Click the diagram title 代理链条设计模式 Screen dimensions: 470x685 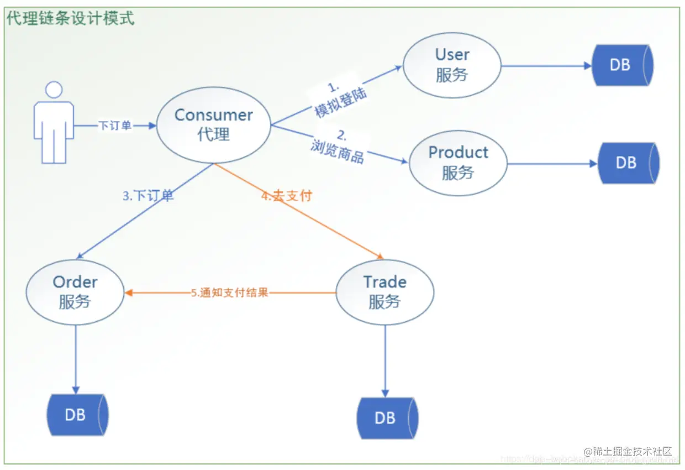[x=70, y=18]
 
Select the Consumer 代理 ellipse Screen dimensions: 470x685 [x=213, y=125]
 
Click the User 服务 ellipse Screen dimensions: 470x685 [x=452, y=65]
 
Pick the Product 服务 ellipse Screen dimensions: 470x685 [x=458, y=163]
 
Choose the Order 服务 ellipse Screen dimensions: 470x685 [x=75, y=292]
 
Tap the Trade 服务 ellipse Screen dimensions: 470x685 [x=384, y=292]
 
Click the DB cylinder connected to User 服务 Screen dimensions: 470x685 [x=622, y=65]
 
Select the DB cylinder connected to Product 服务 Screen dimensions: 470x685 [x=628, y=163]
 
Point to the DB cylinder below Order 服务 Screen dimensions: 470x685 [x=77, y=415]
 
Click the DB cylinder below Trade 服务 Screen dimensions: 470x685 [x=387, y=418]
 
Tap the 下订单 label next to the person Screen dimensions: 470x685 [x=115, y=126]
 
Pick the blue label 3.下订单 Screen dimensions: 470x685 [x=148, y=196]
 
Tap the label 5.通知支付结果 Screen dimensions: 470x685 [x=230, y=293]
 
